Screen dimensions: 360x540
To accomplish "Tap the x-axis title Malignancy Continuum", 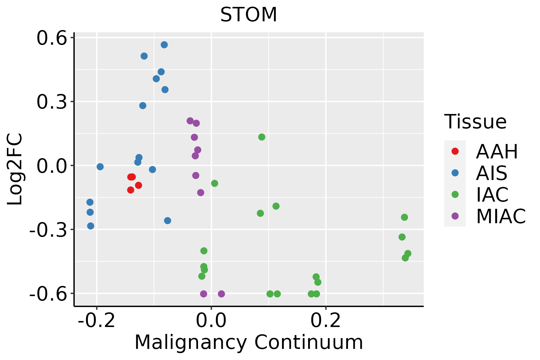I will click(249, 342).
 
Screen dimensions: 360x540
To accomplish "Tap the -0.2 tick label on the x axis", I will click(96, 321).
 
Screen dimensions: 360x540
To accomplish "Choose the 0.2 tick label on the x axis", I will click(326, 321).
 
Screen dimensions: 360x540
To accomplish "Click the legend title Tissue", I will click(475, 122).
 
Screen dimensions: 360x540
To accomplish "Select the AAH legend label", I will click(497, 151).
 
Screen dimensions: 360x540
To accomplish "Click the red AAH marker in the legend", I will click(455, 151).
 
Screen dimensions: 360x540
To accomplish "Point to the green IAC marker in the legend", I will click(455, 194).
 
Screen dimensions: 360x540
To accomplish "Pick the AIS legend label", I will click(492, 173).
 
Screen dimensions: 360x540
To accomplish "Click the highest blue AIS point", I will click(164, 45).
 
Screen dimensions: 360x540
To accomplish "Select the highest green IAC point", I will click(262, 137).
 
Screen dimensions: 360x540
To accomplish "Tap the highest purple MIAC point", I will click(190, 121).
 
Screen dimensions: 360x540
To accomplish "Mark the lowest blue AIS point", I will click(91, 226).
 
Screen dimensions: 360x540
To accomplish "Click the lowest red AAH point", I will click(130, 190).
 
